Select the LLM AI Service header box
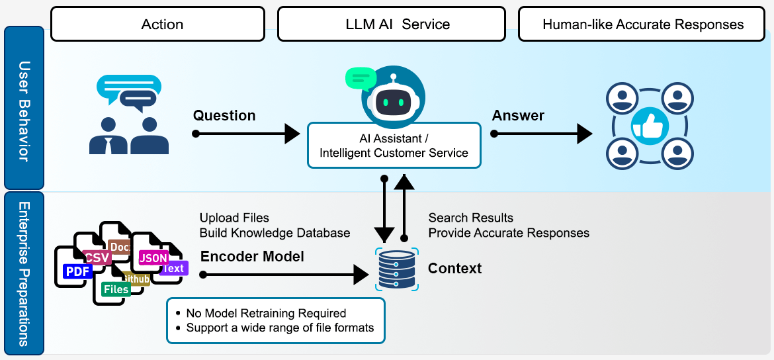click(x=392, y=24)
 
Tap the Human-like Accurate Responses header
click(x=642, y=24)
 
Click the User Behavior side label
click(x=24, y=109)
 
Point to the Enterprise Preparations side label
click(x=24, y=273)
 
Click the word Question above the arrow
click(x=224, y=116)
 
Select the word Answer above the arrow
click(x=518, y=116)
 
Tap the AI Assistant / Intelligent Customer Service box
click(x=394, y=144)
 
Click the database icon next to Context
click(x=396, y=269)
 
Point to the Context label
click(x=455, y=268)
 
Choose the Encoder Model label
click(x=252, y=257)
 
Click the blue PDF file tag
click(x=77, y=271)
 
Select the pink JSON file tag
click(x=153, y=257)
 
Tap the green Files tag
click(x=116, y=289)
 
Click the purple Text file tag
click(x=173, y=268)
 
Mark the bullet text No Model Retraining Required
click(x=266, y=313)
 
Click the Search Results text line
click(x=470, y=218)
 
